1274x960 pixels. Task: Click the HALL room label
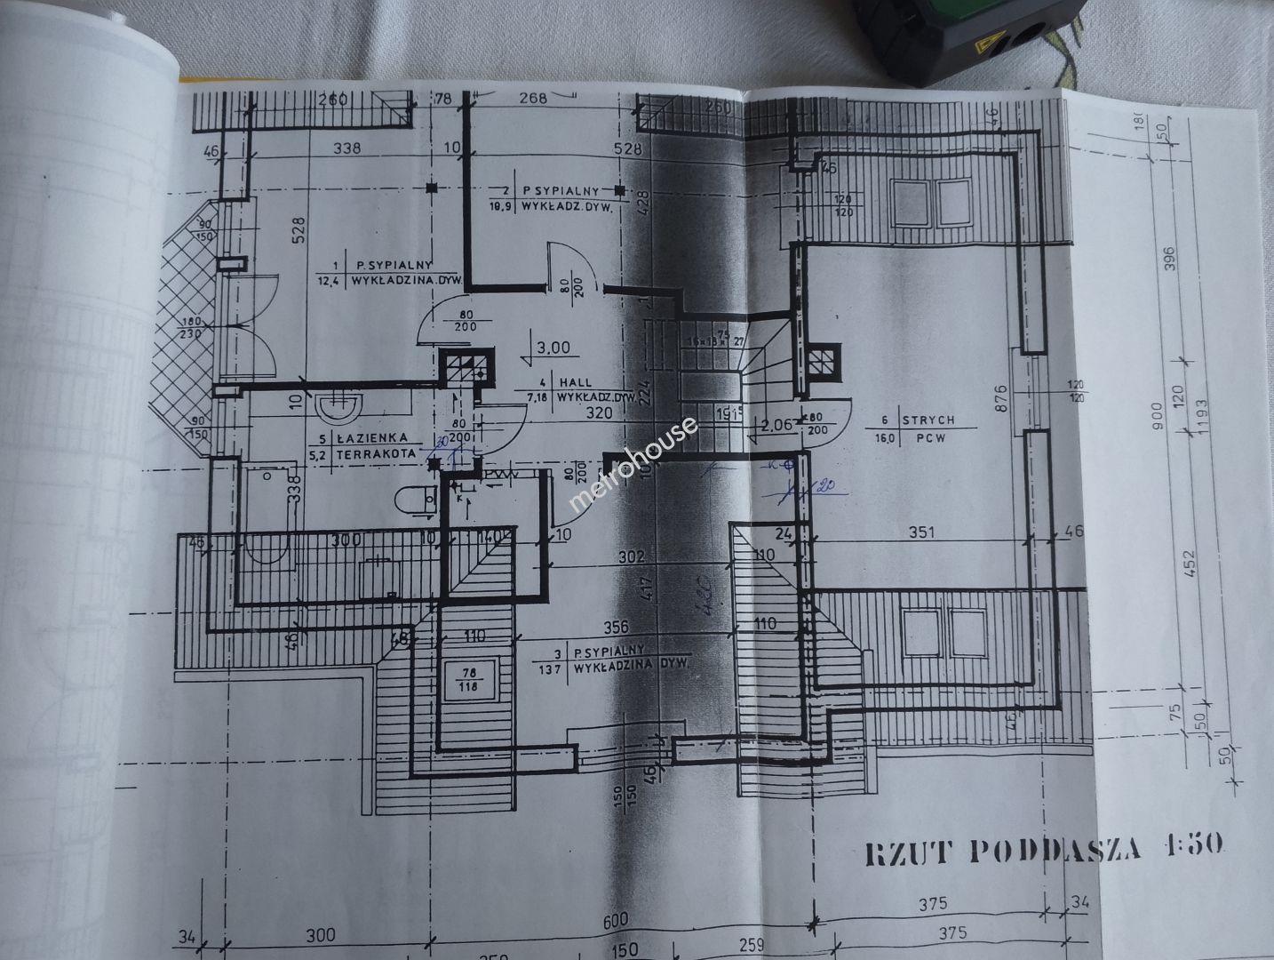[575, 382]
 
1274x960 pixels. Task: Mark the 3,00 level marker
[553, 348]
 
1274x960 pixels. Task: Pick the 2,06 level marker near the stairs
[775, 425]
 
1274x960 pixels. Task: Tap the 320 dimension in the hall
[600, 413]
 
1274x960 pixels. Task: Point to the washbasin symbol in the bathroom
[338, 408]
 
